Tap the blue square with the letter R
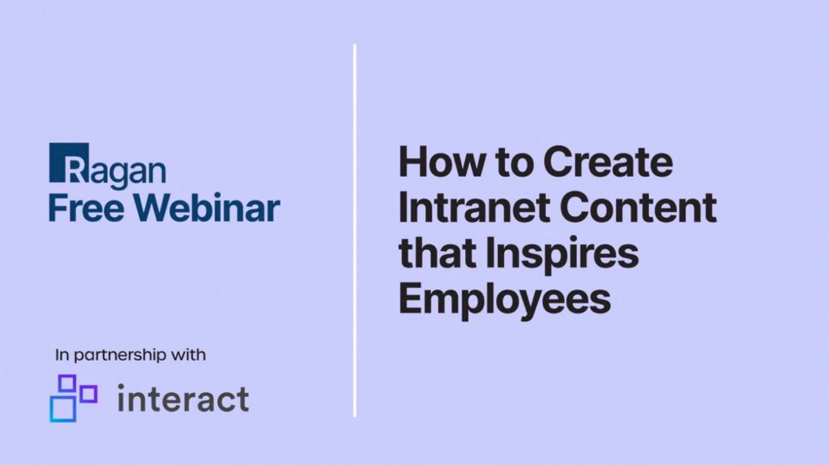click(69, 163)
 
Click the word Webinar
click(207, 207)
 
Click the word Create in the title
click(608, 161)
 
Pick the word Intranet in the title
click(474, 207)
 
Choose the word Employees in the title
click(505, 301)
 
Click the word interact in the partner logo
click(183, 398)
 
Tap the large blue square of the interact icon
click(63, 409)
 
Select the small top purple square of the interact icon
click(67, 383)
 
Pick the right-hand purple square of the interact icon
click(89, 394)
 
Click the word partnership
click(120, 356)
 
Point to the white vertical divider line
click(355, 231)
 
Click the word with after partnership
click(188, 355)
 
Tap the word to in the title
click(514, 163)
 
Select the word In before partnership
click(62, 355)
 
